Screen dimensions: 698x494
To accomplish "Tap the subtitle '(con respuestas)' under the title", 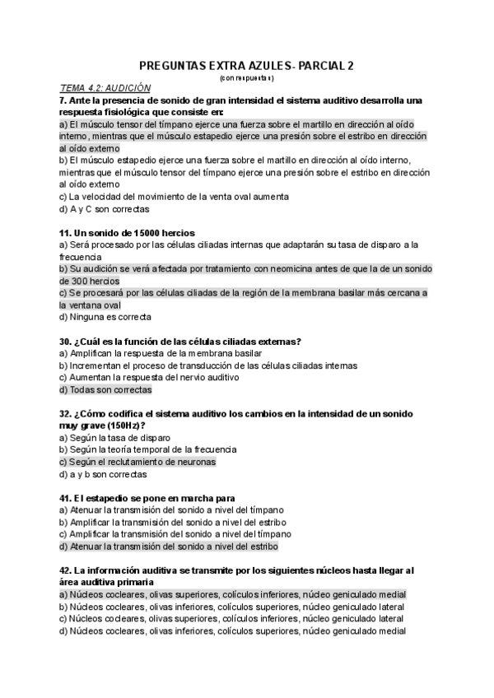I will tap(247, 78).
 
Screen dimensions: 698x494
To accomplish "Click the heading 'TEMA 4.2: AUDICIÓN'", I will tap(106, 88).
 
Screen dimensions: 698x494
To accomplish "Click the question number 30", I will tap(66, 342).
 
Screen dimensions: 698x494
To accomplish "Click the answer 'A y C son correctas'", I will tap(103, 208).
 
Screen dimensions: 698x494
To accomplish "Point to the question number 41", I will tap(66, 499).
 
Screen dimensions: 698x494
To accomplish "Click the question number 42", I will tap(66, 570).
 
